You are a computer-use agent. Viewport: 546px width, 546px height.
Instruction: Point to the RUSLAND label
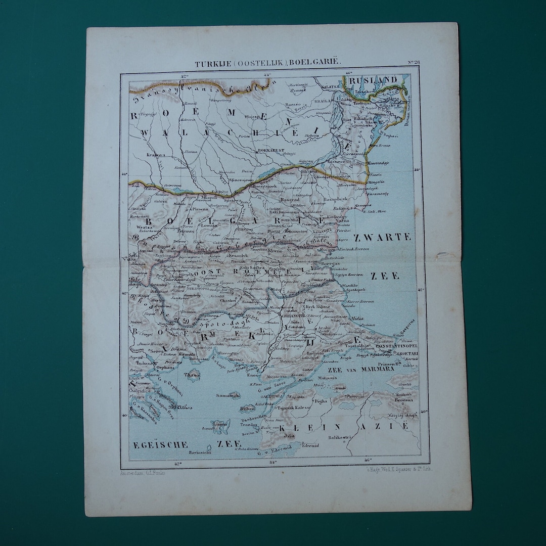click(x=373, y=80)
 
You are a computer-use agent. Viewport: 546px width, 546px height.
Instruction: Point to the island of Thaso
click(x=192, y=375)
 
